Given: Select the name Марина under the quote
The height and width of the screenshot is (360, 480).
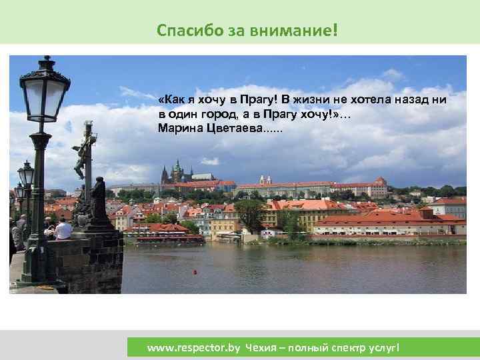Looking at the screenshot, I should pyautogui.click(x=177, y=126).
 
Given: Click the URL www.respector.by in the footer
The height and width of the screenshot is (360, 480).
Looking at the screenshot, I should pyautogui.click(x=193, y=347).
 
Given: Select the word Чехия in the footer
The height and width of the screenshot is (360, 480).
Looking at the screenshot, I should pyautogui.click(x=262, y=347).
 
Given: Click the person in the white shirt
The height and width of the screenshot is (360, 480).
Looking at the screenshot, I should pyautogui.click(x=63, y=229).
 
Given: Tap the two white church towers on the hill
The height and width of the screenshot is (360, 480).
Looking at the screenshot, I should pyautogui.click(x=265, y=180).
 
